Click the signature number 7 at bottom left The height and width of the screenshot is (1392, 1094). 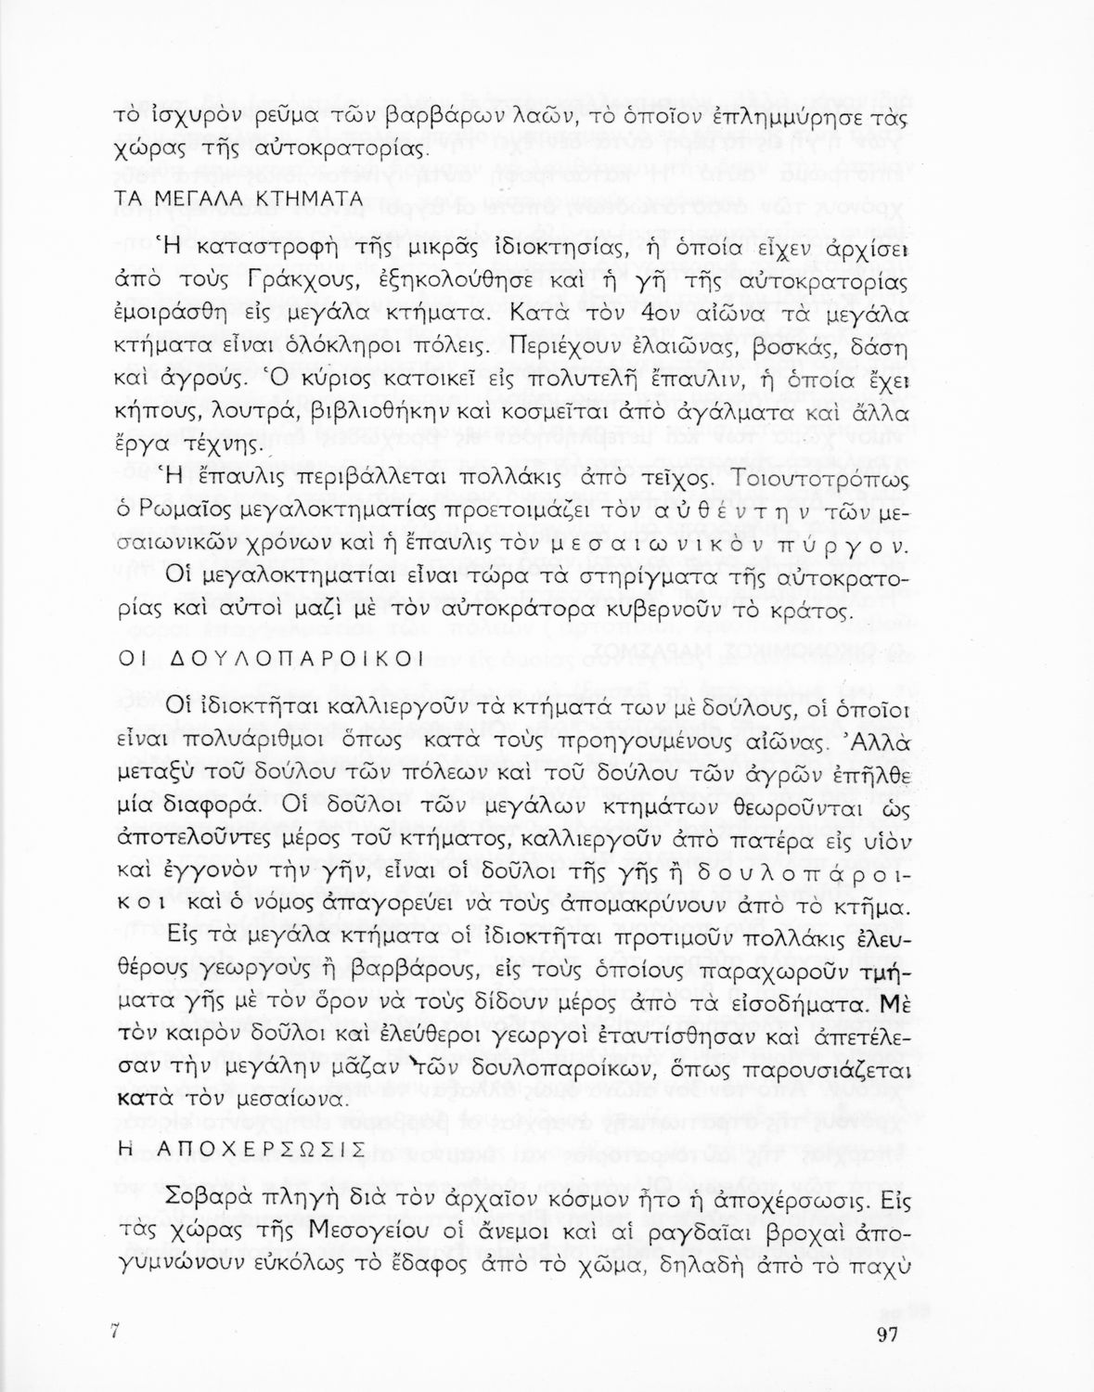click(115, 1332)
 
